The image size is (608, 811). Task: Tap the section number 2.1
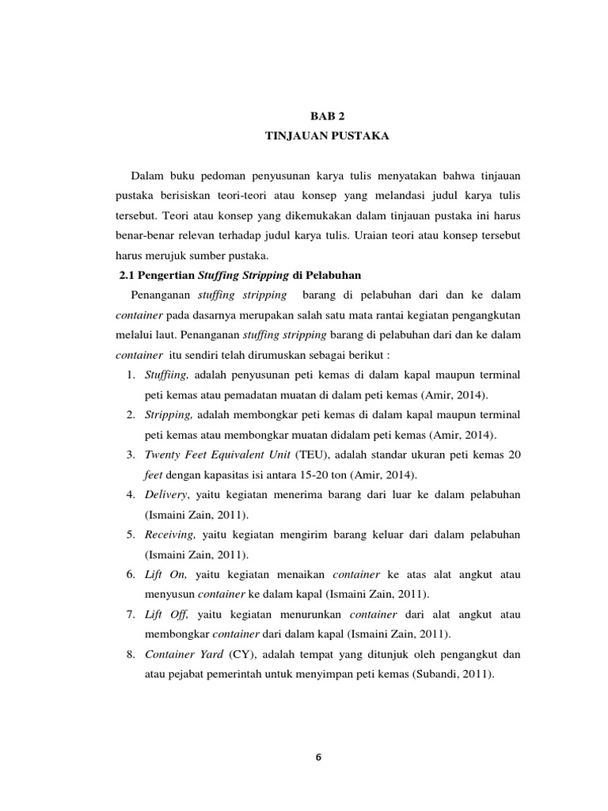coord(117,275)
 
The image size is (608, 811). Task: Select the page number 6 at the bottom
coord(318,757)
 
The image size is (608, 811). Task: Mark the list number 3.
coord(129,455)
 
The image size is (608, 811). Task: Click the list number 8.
coord(129,655)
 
